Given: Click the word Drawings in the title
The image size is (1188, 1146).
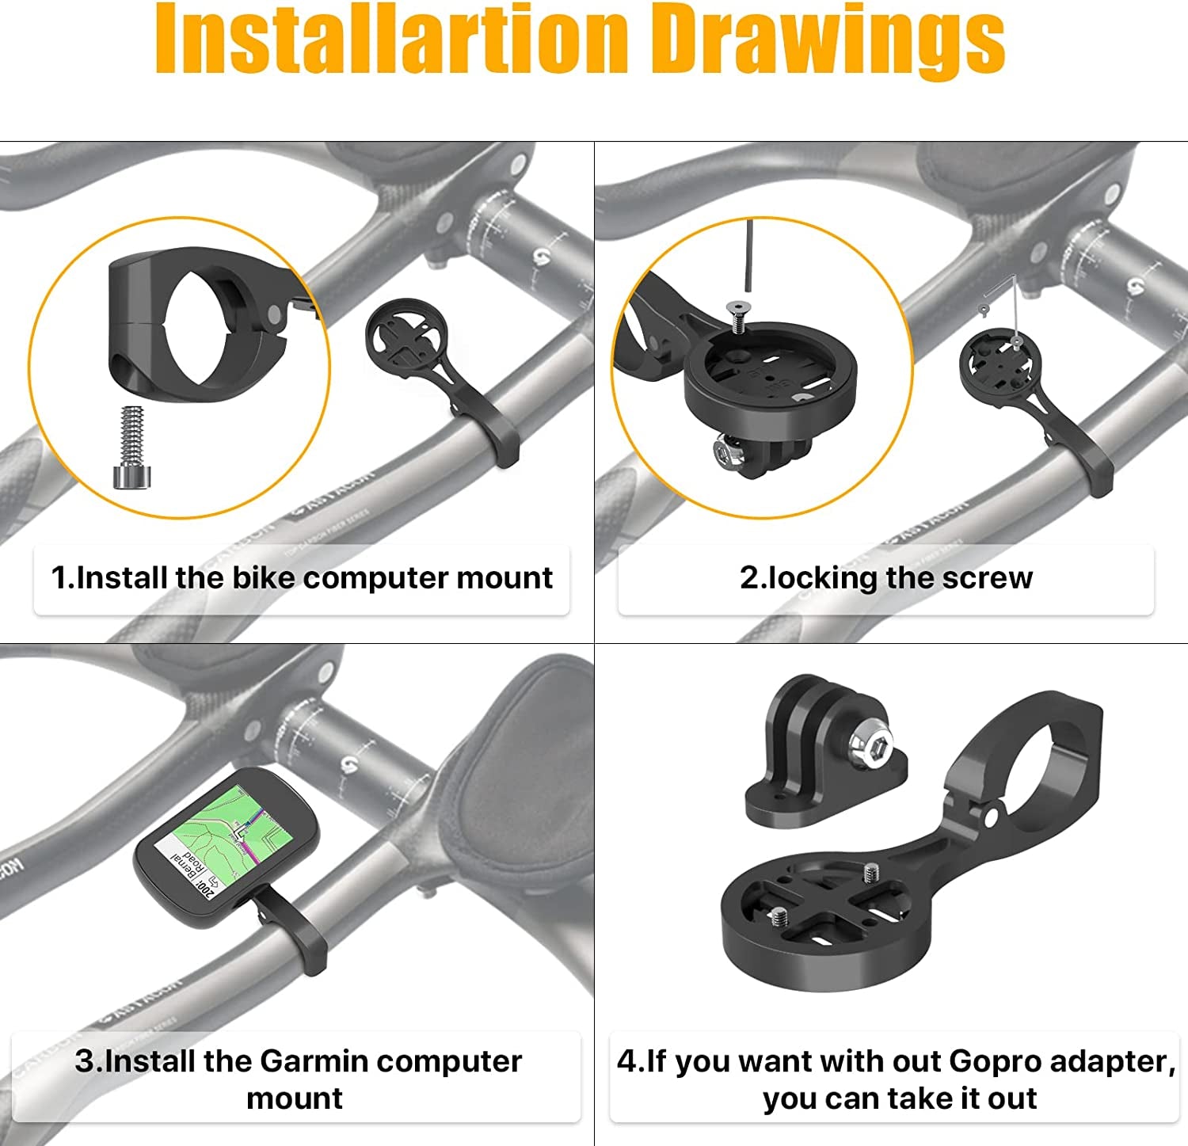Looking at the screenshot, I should tap(832, 40).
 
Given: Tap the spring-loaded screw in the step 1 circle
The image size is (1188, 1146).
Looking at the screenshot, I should tap(132, 447).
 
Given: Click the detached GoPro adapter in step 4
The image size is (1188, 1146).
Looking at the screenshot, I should tap(824, 752).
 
